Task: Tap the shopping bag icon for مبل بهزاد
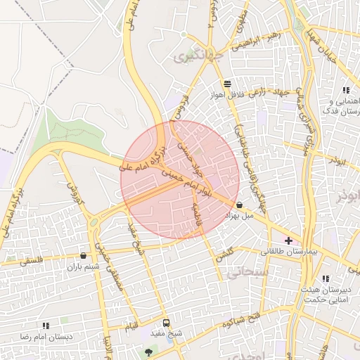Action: [x=240, y=205]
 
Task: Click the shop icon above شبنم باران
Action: [x=84, y=256]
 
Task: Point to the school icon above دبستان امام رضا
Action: [x=46, y=326]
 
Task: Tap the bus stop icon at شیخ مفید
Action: [x=165, y=323]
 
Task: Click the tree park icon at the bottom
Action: [x=148, y=352]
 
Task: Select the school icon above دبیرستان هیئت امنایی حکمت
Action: [x=325, y=278]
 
